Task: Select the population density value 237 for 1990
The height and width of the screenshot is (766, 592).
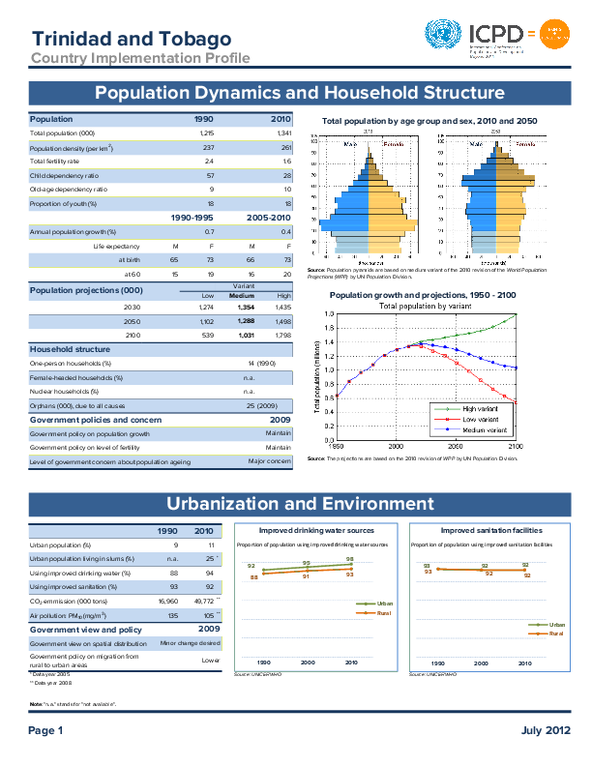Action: click(206, 147)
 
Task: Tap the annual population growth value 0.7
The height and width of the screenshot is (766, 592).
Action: click(209, 232)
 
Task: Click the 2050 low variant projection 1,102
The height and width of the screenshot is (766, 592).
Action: click(206, 319)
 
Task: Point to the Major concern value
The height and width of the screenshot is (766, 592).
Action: click(269, 461)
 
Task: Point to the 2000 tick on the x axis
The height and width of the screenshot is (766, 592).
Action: click(396, 446)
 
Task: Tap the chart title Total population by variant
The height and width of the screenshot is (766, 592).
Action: click(425, 306)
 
